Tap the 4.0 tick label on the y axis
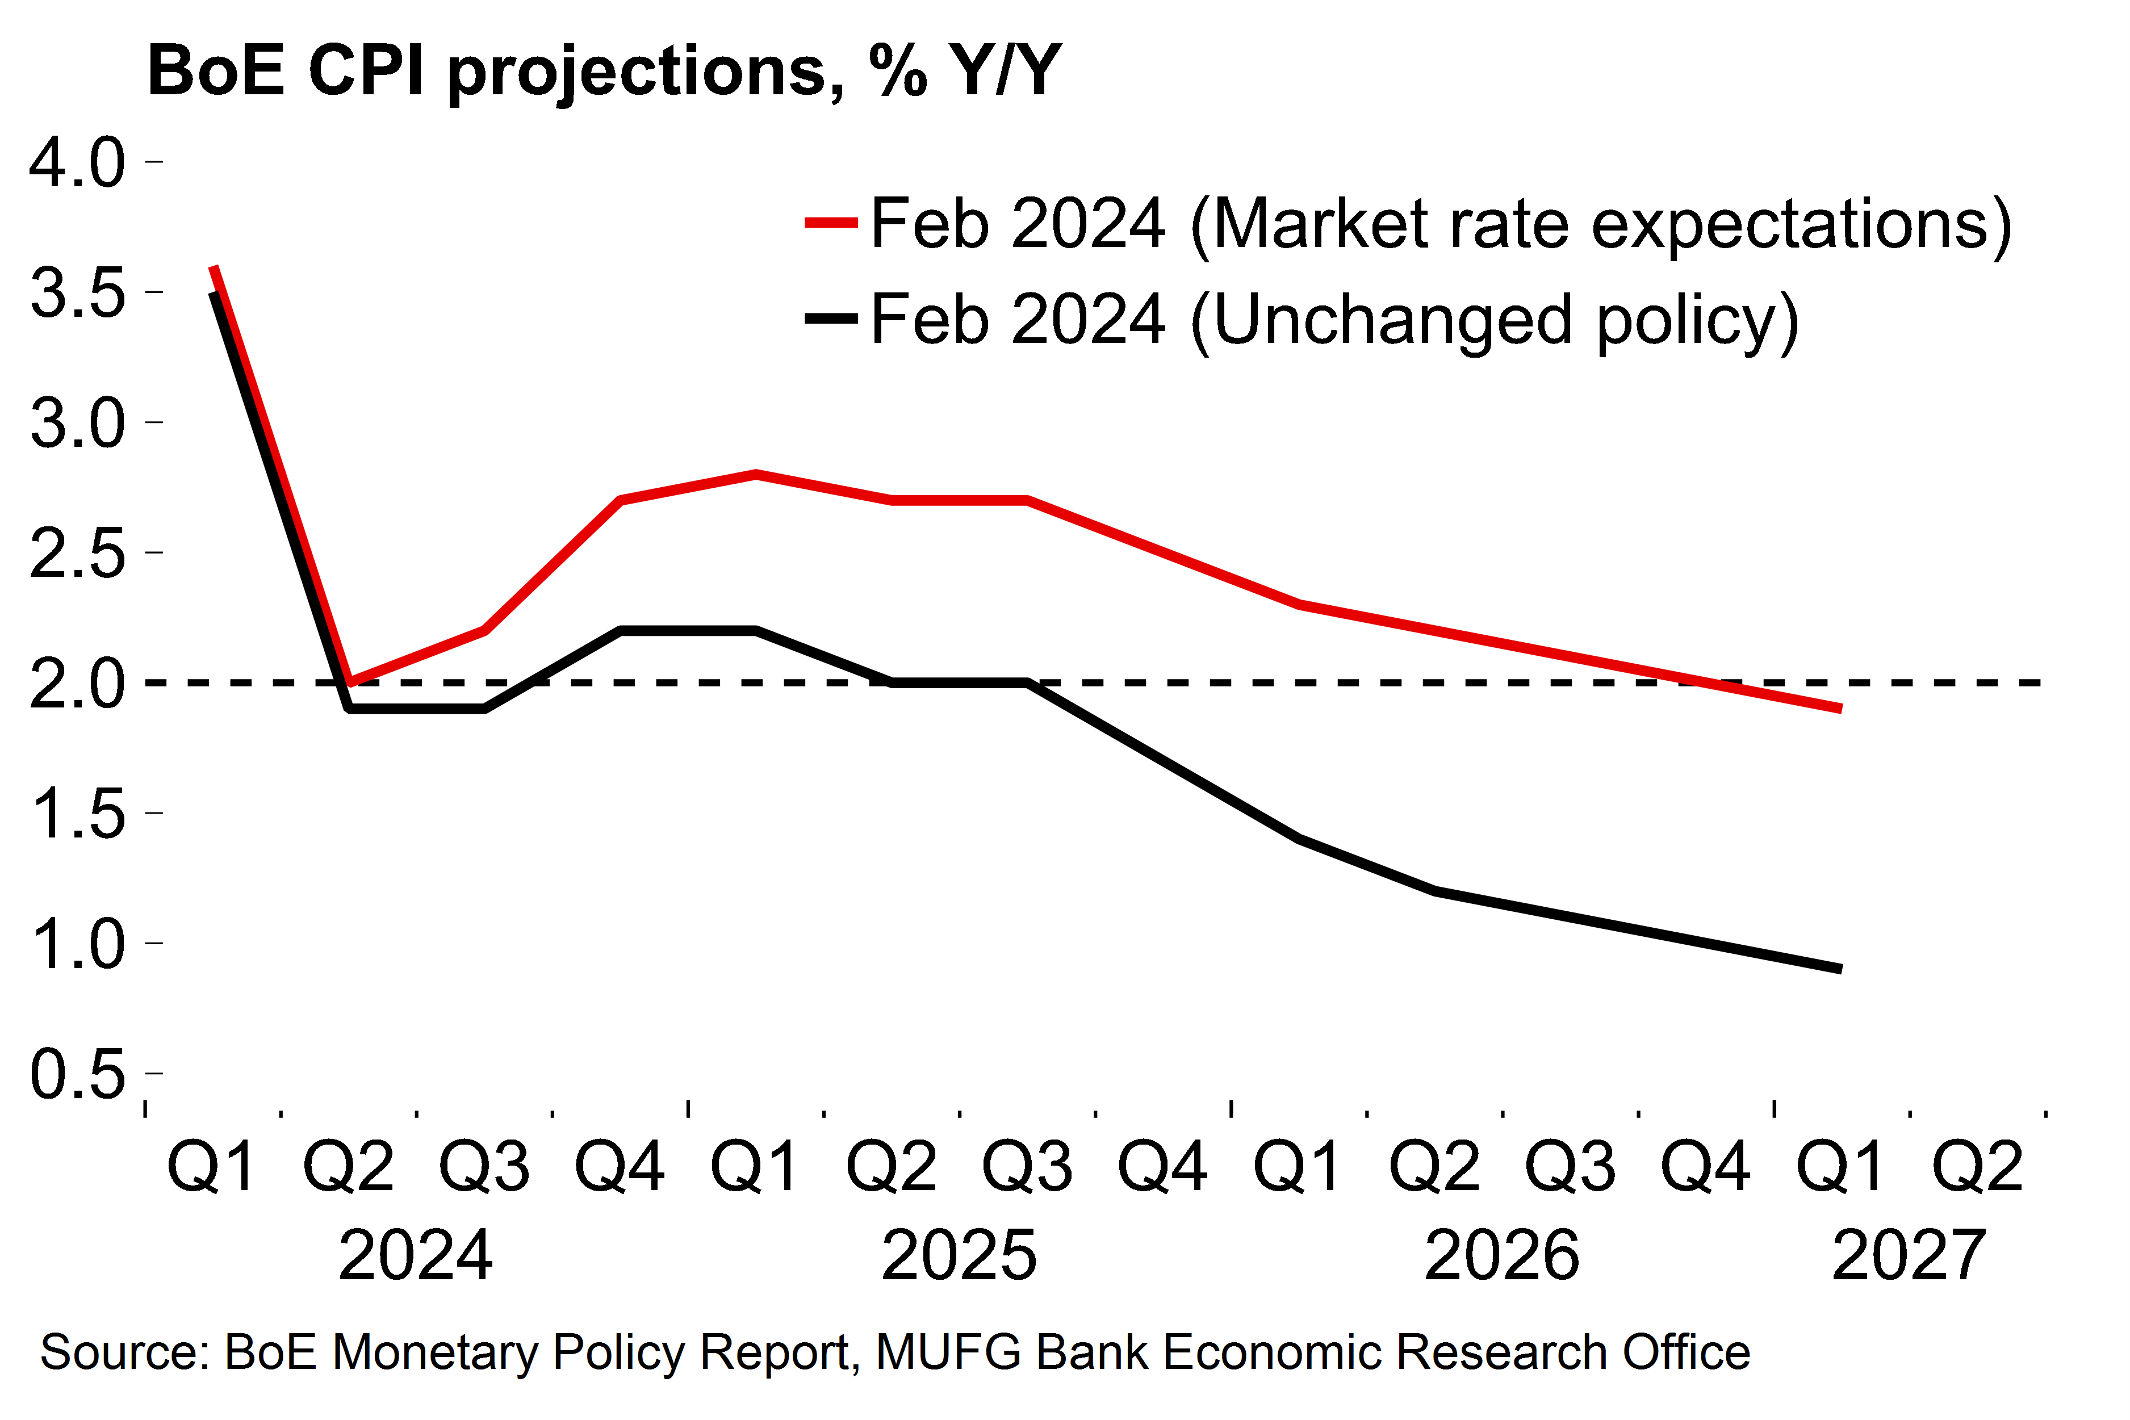[x=77, y=163]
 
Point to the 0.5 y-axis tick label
[x=77, y=1074]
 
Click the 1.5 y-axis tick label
[x=77, y=813]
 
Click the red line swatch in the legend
[x=830, y=223]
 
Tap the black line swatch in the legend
[x=830, y=318]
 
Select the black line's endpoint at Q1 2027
[x=1840, y=969]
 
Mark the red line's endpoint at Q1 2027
[x=1840, y=708]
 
